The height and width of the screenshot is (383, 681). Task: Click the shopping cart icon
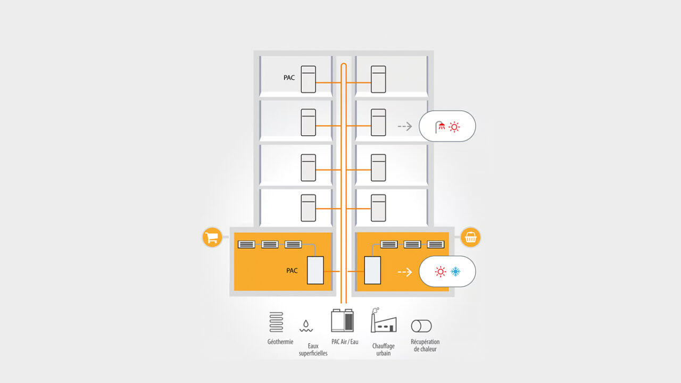coord(212,237)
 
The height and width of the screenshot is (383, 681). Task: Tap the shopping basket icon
coord(470,237)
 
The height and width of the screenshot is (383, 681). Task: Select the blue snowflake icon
coord(456,272)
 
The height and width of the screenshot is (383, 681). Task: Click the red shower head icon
coord(440,127)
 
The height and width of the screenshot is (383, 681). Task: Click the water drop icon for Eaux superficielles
coord(306,325)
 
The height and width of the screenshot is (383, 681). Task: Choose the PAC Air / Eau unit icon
coord(343,321)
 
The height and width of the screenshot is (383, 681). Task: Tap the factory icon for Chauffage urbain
coord(383,321)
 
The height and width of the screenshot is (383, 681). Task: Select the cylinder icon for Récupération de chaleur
coord(421,326)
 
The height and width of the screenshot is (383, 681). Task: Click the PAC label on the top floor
coord(289,78)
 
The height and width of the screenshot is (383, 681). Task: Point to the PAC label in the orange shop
coord(292,271)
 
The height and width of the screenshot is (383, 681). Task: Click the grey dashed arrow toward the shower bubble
coord(405,127)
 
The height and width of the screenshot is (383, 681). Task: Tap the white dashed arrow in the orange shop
coord(405,272)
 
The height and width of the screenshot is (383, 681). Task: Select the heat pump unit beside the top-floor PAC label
coord(308,79)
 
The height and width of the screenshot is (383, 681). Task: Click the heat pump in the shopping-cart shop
coord(315,270)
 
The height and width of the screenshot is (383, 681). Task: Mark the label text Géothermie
coord(280,342)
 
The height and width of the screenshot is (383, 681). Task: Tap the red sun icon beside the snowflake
coord(441,272)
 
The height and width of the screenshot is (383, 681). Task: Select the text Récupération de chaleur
coord(425,345)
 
